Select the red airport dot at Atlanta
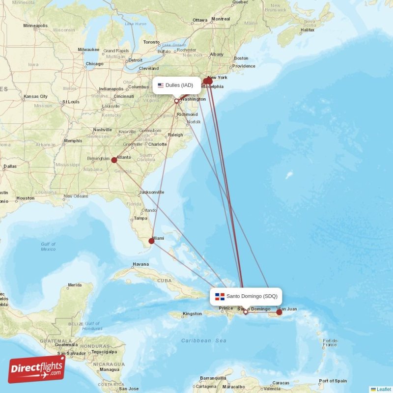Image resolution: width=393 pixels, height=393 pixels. tap(114, 160)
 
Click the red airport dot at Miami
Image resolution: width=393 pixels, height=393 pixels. tap(151, 241)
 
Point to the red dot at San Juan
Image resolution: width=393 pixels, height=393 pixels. tap(279, 312)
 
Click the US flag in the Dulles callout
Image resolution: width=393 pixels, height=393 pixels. tap(161, 85)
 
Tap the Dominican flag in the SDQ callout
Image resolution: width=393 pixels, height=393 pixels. tap(220, 296)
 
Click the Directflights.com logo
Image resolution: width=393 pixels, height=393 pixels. tap(37, 369)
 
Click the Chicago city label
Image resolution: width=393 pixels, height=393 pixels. tap(94, 64)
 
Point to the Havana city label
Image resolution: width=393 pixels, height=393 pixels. tap(140, 264)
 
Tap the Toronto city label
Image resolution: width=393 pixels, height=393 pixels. tap(151, 42)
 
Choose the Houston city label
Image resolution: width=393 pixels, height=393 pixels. tap(25, 198)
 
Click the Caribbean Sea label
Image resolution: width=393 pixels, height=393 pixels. tap(203, 340)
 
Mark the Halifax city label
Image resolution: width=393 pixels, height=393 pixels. tap(307, 30)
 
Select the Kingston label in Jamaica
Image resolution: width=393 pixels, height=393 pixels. tap(192, 313)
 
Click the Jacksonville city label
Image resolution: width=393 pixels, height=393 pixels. tap(152, 192)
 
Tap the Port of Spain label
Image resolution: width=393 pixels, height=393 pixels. tap(333, 381)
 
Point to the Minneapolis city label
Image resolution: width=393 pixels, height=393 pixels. tap(35, 26)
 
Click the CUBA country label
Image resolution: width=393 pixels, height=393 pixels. tap(165, 281)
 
